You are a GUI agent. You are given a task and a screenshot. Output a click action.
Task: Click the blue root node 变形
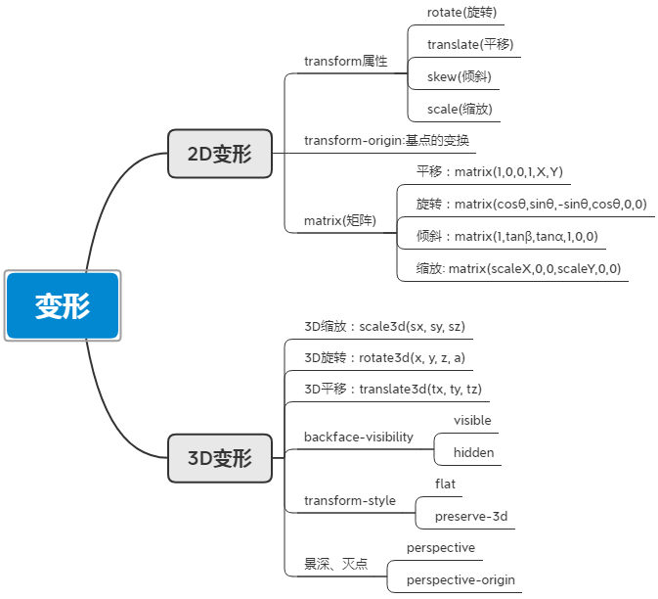click(x=63, y=305)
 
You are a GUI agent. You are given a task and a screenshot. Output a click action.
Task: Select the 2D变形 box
click(x=219, y=154)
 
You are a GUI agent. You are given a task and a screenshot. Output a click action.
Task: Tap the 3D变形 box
click(x=219, y=457)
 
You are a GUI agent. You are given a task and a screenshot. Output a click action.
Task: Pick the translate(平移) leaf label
click(x=469, y=44)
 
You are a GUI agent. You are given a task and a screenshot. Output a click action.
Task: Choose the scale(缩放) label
click(x=459, y=109)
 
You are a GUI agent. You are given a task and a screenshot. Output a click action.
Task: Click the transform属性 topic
click(x=345, y=61)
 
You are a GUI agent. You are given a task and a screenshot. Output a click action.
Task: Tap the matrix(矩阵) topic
click(x=339, y=220)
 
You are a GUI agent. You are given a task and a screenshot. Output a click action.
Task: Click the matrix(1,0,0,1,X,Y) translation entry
click(x=489, y=172)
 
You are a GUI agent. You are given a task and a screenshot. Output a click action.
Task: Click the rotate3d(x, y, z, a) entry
click(x=384, y=357)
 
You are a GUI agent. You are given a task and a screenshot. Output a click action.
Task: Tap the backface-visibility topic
click(x=358, y=437)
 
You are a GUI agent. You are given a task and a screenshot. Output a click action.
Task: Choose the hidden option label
click(x=473, y=452)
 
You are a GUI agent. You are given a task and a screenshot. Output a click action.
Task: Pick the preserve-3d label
click(x=471, y=516)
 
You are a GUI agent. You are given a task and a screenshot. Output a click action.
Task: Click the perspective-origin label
click(x=460, y=579)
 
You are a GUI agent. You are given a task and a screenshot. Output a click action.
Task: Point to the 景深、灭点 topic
click(x=335, y=564)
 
